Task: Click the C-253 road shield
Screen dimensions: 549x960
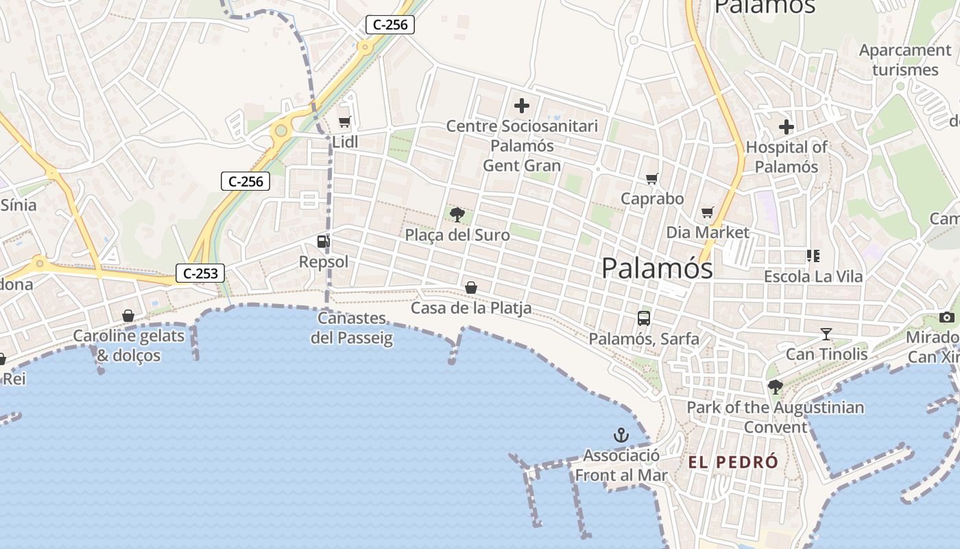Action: pos(200,273)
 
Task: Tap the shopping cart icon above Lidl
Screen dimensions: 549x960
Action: pos(344,122)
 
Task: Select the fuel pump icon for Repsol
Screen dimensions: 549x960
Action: pos(323,241)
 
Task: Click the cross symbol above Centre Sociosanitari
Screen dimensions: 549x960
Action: pos(522,106)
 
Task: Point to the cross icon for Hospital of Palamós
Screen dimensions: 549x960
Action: pos(787,127)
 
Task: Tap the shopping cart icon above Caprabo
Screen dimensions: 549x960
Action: pos(652,178)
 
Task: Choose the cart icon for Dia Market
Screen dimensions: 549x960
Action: pos(707,213)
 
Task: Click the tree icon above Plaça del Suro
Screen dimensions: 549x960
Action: pos(457,215)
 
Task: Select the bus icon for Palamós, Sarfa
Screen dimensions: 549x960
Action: pos(644,318)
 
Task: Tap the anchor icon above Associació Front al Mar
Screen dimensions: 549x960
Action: pos(621,435)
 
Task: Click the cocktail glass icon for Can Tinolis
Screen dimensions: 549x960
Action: pos(826,334)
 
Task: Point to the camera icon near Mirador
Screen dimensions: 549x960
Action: pos(947,317)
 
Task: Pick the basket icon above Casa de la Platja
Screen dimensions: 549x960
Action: pos(471,288)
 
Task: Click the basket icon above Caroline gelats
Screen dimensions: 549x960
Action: pos(128,316)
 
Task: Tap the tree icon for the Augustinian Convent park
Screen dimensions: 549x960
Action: pos(776,387)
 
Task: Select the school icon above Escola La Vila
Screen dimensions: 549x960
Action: pos(813,256)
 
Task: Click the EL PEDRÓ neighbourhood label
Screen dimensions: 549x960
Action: pos(734,462)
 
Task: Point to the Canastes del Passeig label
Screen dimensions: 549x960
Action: pos(352,328)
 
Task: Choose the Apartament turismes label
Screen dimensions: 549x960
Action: pos(905,60)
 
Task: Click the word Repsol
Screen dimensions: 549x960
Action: pos(324,262)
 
